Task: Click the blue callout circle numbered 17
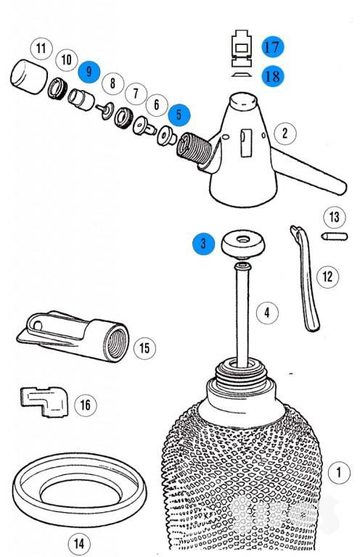coord(273,47)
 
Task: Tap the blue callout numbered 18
coord(273,76)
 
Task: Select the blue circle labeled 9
coord(89,72)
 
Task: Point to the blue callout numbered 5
coord(179,115)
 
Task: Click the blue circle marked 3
coord(204,244)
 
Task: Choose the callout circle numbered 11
coord(41,49)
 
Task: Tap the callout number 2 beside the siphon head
coord(285,133)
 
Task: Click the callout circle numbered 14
coord(79,542)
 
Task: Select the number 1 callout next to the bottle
coord(339,472)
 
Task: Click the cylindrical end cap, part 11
coord(29,77)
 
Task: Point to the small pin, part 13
coord(335,236)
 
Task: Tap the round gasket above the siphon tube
coord(243,244)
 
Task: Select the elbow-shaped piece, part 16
coord(44,402)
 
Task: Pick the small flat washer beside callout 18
coord(242,75)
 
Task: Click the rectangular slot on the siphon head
coord(246,143)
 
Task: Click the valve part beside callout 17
coord(242,49)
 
